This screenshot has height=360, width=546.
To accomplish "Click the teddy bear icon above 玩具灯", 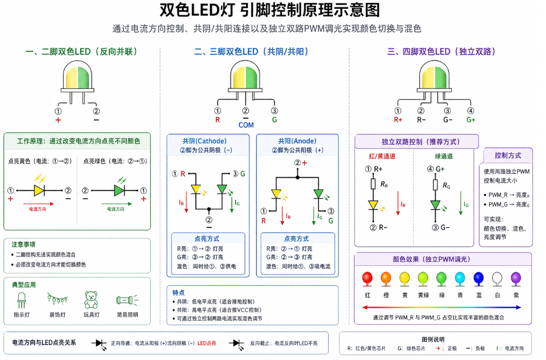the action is [x=91, y=300].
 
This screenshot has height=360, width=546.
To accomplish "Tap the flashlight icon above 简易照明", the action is [x=127, y=300].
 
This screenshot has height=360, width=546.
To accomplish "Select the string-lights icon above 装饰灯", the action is [x=58, y=299].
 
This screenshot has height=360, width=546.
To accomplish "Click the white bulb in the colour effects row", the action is [x=497, y=279].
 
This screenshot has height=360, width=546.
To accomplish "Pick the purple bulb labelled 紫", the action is [x=516, y=279].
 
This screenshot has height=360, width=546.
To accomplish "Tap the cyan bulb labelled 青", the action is [x=460, y=279].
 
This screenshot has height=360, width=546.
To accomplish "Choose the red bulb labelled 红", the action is [x=367, y=279].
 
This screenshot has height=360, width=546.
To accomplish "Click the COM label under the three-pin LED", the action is [x=246, y=125].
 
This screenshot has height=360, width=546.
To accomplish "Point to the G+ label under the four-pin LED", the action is [x=471, y=120].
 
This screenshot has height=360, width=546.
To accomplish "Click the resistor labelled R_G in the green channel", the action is [x=435, y=185].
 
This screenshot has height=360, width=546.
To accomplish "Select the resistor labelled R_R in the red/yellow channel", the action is [x=373, y=184].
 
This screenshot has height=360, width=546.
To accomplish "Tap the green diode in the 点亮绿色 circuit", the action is [x=120, y=191].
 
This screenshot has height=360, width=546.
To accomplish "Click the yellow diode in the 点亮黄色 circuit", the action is [x=39, y=191].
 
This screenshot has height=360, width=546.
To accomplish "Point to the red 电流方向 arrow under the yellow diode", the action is [x=39, y=204].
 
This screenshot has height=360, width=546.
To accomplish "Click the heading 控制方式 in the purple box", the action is [x=508, y=156].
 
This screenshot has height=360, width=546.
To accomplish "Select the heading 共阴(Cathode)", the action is [x=205, y=141].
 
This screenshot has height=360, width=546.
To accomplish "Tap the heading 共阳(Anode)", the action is [x=297, y=141].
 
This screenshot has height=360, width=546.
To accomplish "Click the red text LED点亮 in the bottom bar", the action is [x=207, y=343].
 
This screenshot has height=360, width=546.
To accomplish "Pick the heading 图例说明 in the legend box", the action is [x=433, y=339].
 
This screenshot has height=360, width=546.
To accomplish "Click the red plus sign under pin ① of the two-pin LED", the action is [x=58, y=120].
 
